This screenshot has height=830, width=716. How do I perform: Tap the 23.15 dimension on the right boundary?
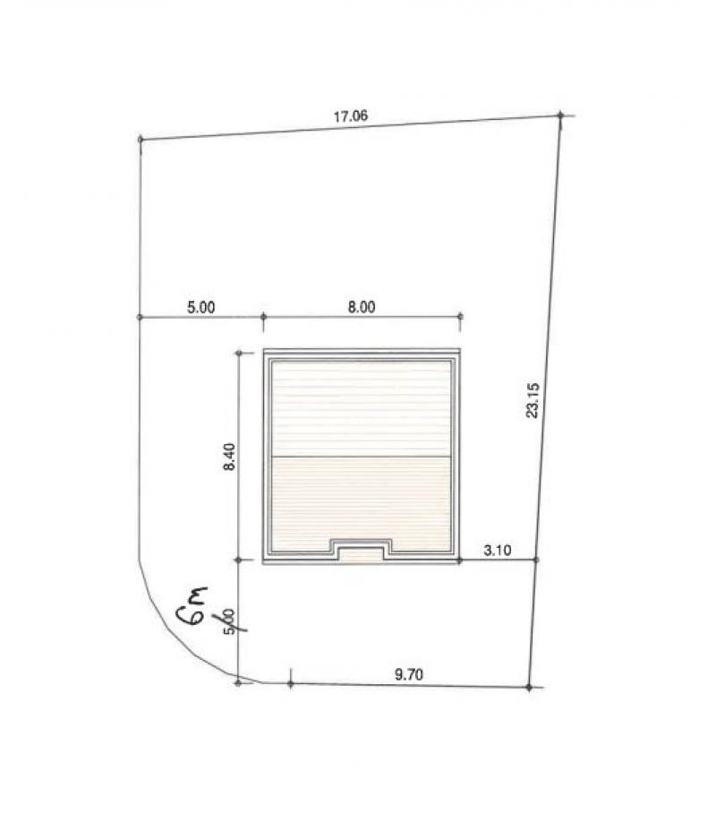pyautogui.click(x=533, y=399)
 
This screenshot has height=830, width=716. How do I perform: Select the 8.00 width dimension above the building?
pyautogui.click(x=361, y=306)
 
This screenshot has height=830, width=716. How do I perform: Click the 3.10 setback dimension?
pyautogui.click(x=496, y=551)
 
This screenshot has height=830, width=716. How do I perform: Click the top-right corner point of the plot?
pyautogui.click(x=560, y=115)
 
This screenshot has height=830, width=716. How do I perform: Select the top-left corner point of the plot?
pyautogui.click(x=141, y=140)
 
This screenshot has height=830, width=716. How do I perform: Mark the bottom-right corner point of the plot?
pyautogui.click(x=529, y=688)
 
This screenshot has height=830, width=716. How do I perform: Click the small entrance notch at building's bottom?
pyautogui.click(x=362, y=549)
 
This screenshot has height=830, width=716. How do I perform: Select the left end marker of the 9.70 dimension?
pyautogui.click(x=291, y=684)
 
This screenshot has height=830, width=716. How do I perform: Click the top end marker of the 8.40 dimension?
pyautogui.click(x=239, y=354)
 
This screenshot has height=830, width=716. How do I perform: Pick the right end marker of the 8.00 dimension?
pyautogui.click(x=460, y=316)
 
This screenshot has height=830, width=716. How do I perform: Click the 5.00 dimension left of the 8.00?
pyautogui.click(x=200, y=306)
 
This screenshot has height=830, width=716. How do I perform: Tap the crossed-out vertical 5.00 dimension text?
pyautogui.click(x=230, y=621)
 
